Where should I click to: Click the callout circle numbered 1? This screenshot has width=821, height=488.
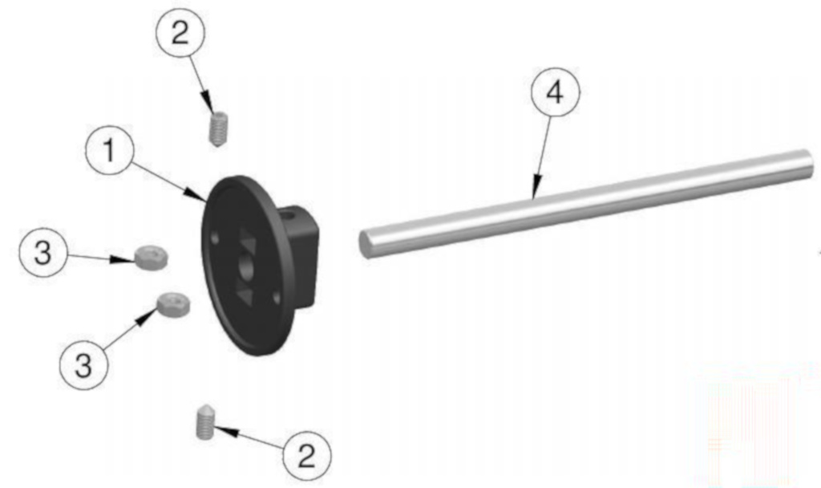click(x=109, y=150)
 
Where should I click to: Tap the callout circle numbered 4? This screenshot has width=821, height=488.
click(x=555, y=92)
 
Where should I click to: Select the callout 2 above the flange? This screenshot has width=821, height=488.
click(x=180, y=32)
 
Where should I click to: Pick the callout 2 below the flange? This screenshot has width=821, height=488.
click(x=307, y=456)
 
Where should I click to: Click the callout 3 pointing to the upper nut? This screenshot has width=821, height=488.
click(x=43, y=253)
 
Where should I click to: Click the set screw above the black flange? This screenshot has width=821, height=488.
click(x=218, y=129)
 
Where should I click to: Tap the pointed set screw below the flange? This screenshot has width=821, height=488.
click(x=204, y=422)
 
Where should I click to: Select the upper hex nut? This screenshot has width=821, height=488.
click(x=151, y=256)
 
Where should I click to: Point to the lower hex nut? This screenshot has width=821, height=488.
click(x=174, y=304)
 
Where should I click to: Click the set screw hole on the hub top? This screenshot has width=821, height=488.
click(x=289, y=214)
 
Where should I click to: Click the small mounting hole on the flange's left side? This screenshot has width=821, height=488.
click(x=215, y=239)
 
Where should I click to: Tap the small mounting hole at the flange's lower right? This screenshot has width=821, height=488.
click(x=276, y=299)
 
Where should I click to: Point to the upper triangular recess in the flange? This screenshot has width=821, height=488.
click(x=246, y=239)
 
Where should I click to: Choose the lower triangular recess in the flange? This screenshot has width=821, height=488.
click(x=245, y=293)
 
